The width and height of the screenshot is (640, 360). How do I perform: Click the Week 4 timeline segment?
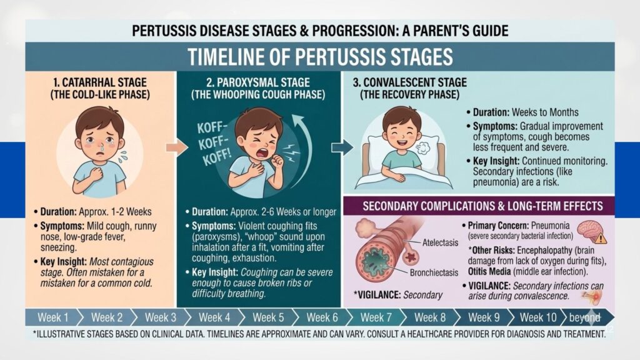[x=214, y=317]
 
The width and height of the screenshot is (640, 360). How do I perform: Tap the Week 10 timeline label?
[x=538, y=317]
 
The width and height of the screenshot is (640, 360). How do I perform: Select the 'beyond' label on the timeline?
[x=584, y=317]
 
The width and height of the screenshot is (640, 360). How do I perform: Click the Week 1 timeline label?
[x=53, y=317]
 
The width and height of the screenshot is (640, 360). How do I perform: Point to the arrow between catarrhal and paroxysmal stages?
[x=177, y=147]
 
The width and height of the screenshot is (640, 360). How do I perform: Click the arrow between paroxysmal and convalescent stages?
[x=342, y=147]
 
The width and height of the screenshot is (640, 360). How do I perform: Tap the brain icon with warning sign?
[x=591, y=231]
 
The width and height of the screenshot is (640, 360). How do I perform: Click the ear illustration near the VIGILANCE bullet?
[x=592, y=297]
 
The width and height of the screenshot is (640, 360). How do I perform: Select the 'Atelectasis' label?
[x=440, y=243]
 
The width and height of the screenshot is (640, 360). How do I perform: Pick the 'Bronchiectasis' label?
[x=434, y=272]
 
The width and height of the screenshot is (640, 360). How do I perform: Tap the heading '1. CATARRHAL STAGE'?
[x=100, y=82]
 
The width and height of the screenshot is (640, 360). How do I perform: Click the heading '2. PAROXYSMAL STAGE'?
[x=258, y=82]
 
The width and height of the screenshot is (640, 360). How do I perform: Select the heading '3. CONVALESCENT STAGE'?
[x=410, y=82]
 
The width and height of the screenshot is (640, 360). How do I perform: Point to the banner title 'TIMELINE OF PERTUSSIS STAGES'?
[x=321, y=57]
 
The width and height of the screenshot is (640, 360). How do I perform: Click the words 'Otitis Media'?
[x=489, y=272]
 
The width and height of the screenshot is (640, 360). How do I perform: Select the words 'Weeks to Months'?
[x=545, y=112]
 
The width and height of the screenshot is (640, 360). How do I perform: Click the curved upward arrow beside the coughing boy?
[x=307, y=147]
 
